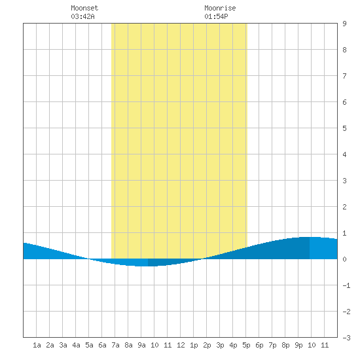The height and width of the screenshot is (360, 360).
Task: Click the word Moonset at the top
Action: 84,8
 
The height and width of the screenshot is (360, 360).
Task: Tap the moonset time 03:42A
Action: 82,16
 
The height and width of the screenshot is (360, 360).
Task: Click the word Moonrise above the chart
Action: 220,8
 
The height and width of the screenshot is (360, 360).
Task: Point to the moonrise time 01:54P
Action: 216,16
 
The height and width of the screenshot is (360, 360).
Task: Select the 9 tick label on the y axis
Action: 344,24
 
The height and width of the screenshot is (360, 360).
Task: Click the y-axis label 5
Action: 344,128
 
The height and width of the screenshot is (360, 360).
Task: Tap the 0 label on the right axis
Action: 344,259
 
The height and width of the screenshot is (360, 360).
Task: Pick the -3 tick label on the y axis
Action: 346,338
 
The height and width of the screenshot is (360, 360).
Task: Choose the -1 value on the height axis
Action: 346,285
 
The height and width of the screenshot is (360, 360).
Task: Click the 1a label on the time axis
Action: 37,345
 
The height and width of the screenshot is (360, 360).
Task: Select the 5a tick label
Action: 89,345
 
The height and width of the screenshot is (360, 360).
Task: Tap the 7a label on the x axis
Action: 115,345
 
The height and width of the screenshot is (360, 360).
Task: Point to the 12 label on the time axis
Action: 181,345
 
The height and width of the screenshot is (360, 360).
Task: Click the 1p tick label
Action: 194,345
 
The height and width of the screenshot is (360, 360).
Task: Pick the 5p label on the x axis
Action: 246,345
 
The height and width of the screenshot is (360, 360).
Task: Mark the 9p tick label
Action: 298,345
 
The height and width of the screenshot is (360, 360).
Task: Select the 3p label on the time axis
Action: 220,345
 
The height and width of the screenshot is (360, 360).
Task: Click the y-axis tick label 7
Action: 344,76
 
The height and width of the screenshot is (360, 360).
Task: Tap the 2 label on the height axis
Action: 344,207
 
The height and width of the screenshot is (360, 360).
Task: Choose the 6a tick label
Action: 102,345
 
